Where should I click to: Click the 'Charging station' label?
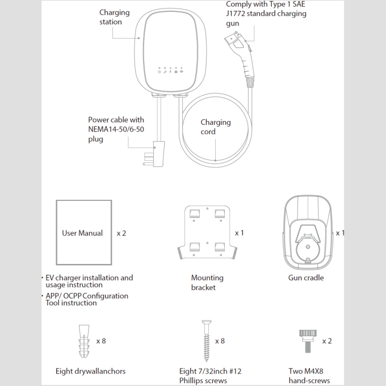pos(115,17)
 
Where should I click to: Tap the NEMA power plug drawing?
pos(154,154)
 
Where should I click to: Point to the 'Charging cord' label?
pos(216,127)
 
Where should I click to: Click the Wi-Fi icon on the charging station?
pos(182,72)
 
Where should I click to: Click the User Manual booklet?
pos(84,232)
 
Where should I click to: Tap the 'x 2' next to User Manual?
pos(121,233)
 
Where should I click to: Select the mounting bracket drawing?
pos(207,232)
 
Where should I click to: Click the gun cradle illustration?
pos(308,233)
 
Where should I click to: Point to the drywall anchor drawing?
pos(84,341)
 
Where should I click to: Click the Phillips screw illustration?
pos(207,341)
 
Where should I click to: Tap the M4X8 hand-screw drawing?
pos(308,341)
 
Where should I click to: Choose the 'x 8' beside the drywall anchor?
pos(101,341)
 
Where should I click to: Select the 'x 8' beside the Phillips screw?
pos(220,341)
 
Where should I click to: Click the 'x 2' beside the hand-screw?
pos(327,341)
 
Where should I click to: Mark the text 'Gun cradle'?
pos(306,278)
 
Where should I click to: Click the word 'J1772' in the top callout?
pos(236,14)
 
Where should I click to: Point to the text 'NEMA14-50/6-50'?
pos(116,129)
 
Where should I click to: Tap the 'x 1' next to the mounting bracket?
pos(240,233)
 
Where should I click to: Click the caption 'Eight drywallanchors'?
pos(91,371)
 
